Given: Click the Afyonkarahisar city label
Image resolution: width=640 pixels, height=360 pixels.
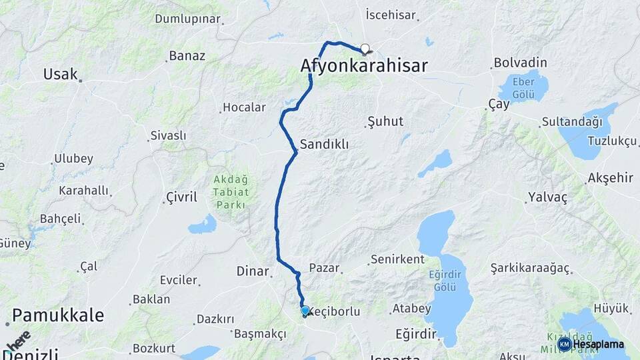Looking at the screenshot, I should click(363, 65).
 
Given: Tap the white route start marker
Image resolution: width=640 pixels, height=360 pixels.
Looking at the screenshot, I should click(365, 48).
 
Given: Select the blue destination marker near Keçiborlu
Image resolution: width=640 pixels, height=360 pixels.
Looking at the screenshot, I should click(305, 311).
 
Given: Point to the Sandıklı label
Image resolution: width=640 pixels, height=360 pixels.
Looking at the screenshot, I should click(324, 144).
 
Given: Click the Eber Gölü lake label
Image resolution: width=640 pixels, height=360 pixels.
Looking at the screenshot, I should click(524, 89).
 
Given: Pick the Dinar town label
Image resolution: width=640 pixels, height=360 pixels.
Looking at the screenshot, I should click(252, 271).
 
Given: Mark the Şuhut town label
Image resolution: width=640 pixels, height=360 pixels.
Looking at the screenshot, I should click(385, 122).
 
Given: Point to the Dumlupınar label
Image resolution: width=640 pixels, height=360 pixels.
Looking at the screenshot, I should click(187, 19).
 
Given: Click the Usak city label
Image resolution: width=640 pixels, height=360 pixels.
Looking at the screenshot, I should click(60, 74).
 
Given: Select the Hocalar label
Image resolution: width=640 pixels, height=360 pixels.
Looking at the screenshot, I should click(244, 107).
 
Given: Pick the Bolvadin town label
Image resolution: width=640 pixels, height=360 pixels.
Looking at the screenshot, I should click(520, 63).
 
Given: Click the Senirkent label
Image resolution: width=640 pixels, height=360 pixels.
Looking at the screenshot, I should click(397, 259).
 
